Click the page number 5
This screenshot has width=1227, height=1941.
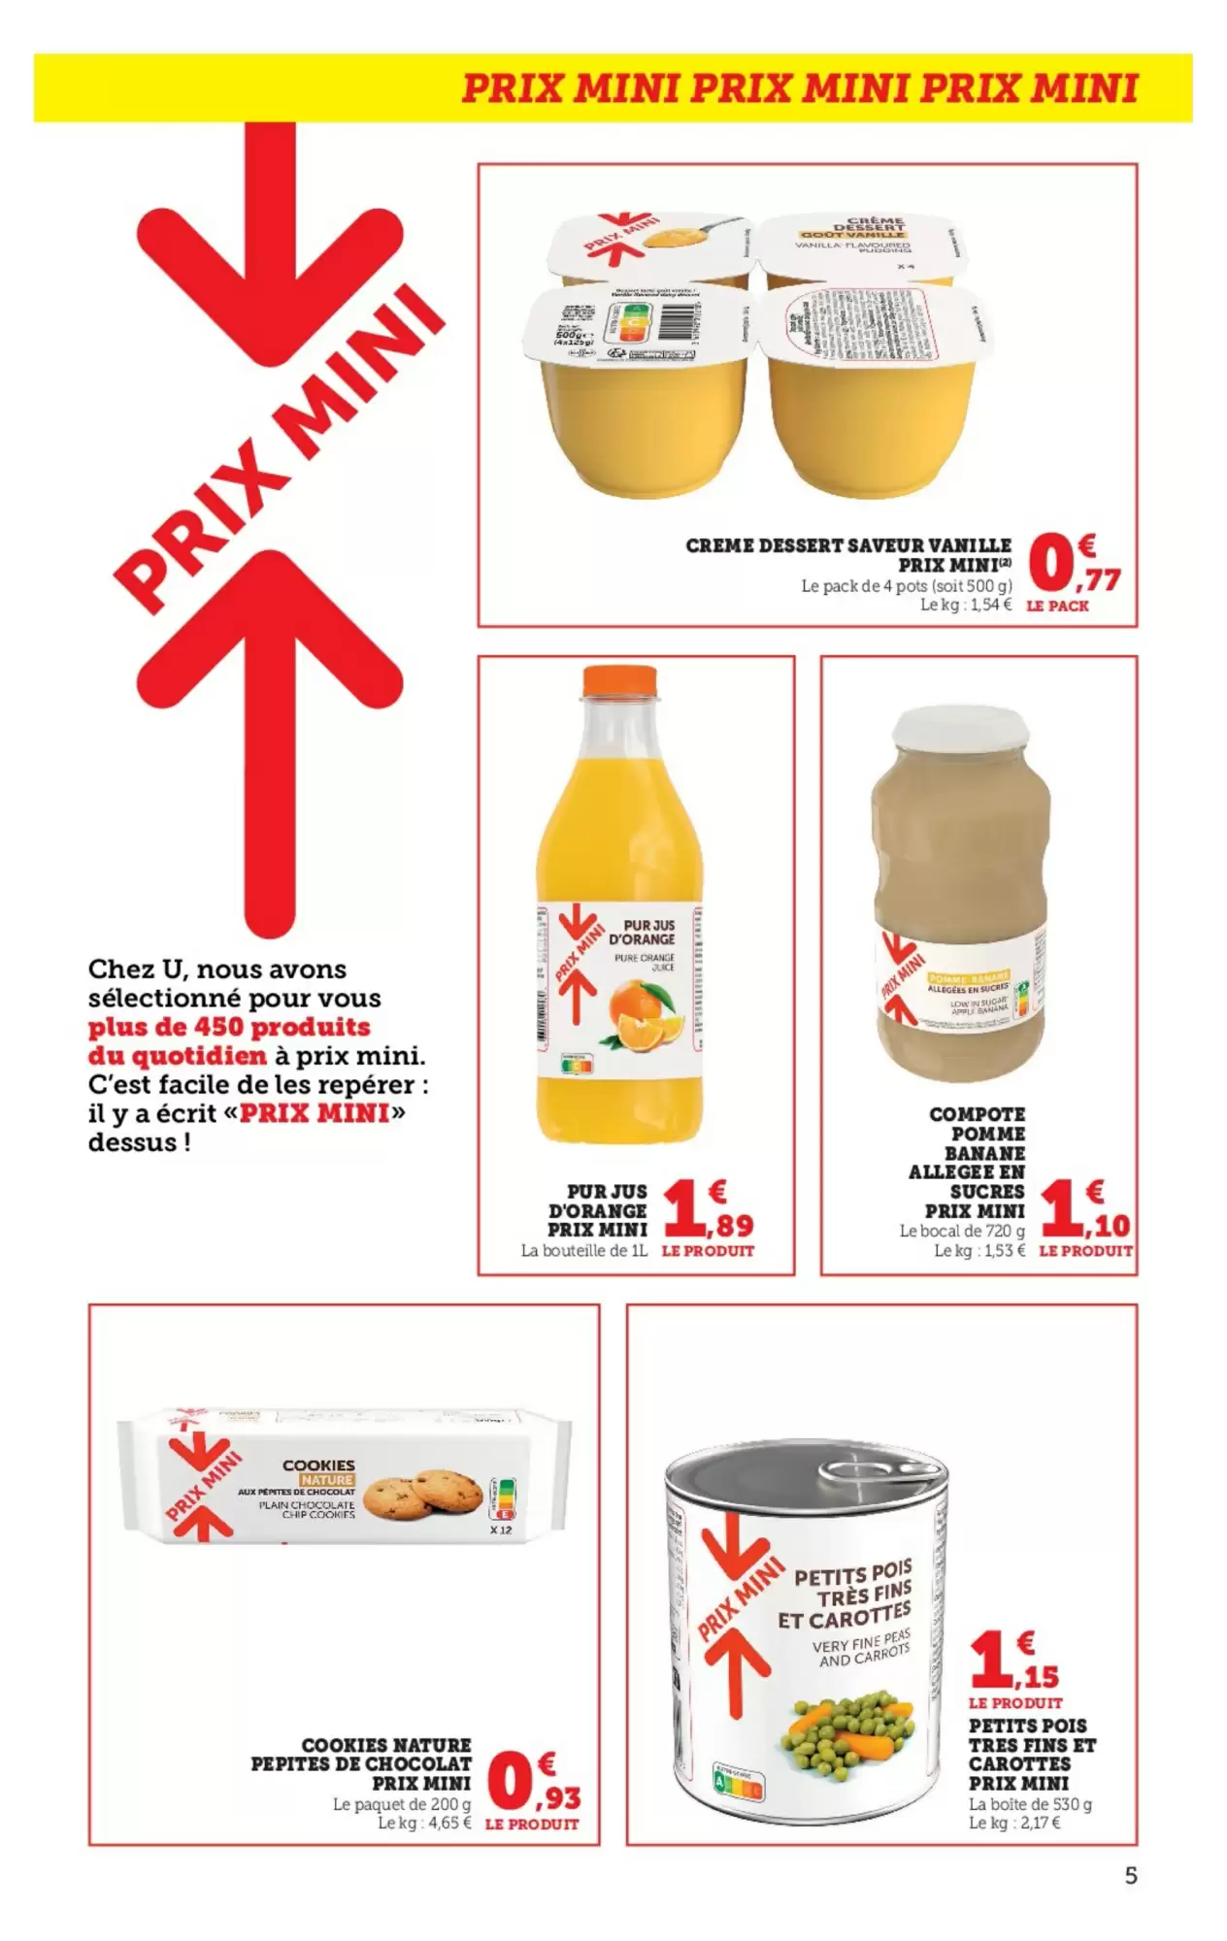point(1131,1876)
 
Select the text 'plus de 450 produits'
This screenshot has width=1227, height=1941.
point(229,1027)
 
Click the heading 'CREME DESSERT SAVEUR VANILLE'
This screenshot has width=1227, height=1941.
point(847,545)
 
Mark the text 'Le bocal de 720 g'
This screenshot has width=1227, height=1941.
point(961,1231)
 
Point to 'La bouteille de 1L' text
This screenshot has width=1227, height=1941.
point(583,1250)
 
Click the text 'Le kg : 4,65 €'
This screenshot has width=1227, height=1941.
point(424,1823)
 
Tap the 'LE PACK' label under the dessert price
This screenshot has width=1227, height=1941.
point(1056,606)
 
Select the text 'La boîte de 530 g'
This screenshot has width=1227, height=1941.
point(1030,1804)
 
